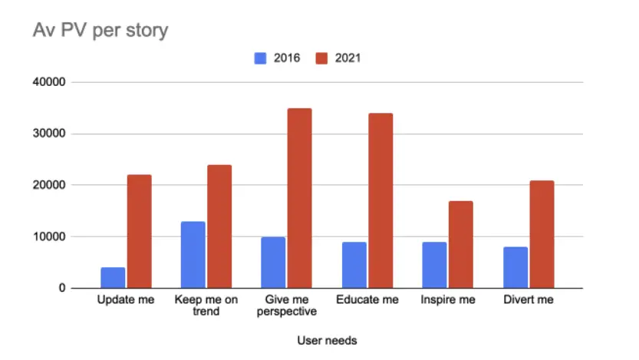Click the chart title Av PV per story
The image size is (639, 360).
(x=100, y=31)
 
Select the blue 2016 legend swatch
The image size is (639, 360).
(x=261, y=58)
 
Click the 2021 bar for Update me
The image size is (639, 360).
(x=139, y=231)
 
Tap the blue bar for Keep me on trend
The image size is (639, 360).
(x=193, y=255)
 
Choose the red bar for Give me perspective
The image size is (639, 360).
(x=300, y=198)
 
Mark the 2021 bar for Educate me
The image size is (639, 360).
(x=380, y=200)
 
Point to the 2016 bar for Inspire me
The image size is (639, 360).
(x=434, y=265)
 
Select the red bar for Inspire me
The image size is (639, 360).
(x=460, y=244)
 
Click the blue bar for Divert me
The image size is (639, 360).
(x=515, y=267)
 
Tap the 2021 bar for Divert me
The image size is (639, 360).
(x=541, y=234)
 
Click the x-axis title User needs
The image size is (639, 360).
(x=326, y=339)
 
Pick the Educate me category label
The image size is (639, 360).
(x=367, y=300)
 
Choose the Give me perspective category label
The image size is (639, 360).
(x=287, y=306)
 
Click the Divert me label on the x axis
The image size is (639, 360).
(x=528, y=300)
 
